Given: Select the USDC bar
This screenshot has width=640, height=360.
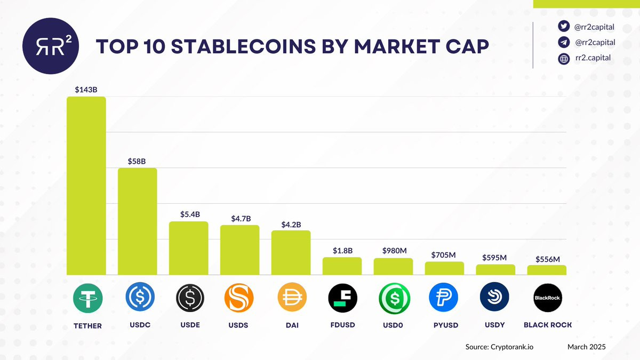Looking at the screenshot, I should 137,221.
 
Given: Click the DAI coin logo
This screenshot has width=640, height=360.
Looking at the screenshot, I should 291,298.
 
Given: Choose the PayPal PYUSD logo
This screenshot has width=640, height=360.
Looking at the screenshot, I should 444,298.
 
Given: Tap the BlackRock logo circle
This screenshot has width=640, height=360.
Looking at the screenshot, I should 547,298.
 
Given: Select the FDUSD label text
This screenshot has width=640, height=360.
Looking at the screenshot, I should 342,325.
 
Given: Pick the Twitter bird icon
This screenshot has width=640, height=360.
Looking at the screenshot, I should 564,27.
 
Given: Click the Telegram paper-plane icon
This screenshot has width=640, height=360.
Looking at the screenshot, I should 564,43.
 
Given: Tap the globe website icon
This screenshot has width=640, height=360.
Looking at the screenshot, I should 564,59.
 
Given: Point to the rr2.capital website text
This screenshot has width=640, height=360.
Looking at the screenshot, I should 593,59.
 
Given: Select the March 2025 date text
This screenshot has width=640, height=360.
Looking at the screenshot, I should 587,347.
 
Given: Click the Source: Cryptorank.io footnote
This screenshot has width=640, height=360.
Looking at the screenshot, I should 500,347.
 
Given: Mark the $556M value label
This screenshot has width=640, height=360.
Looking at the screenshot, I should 547,260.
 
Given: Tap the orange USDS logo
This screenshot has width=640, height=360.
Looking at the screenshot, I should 239,298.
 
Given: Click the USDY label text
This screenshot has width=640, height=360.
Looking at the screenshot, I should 494,324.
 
